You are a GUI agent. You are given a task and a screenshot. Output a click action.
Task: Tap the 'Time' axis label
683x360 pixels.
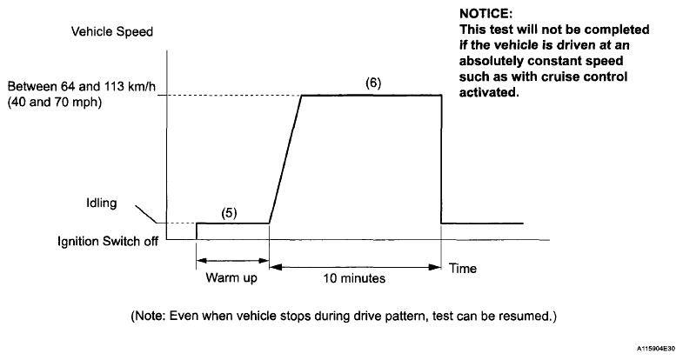[463, 270]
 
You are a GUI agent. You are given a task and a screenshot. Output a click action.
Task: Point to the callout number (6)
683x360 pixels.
[372, 83]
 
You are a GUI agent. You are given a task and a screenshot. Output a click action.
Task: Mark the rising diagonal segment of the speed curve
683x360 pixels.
[285, 159]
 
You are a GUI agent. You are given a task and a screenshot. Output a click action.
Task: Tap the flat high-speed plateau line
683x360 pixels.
[372, 95]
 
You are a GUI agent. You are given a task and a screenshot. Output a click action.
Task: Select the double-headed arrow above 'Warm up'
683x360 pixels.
[232, 259]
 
